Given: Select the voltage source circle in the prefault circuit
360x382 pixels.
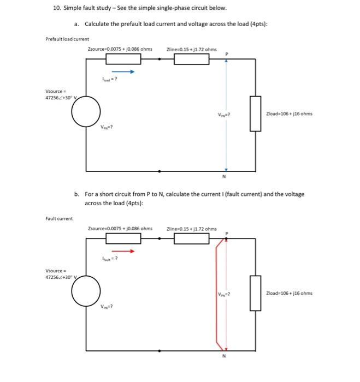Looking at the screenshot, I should [86, 113].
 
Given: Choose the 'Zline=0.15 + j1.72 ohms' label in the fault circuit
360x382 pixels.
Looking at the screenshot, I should [192, 229].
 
